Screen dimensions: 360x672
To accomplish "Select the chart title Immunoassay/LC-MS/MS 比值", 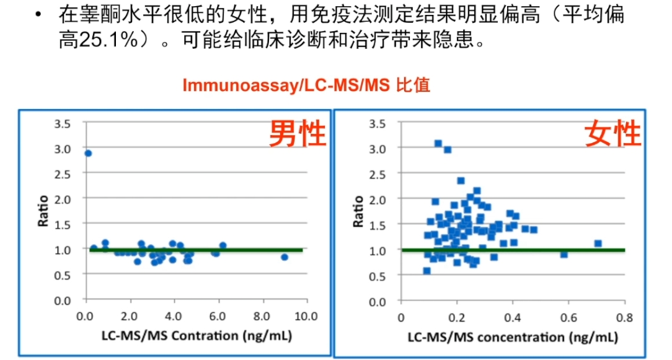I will pos(306,86).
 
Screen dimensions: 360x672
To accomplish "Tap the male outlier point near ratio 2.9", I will pos(88,153).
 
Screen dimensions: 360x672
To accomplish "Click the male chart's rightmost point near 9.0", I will pos(285,257).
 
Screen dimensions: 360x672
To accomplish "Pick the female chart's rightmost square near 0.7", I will pos(598,244).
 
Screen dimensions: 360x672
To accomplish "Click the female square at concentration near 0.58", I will pos(564,254).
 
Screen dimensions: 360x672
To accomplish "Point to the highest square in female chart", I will pos(438,143).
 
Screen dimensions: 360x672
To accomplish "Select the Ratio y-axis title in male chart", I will pos(43,211).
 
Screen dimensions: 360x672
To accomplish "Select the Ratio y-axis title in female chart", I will pos(358,211).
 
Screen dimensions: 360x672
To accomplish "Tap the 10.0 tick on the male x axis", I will pos(306,316).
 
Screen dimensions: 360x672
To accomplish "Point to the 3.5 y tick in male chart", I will pos(63,123).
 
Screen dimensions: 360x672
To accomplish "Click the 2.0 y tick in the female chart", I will pos(378,200).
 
